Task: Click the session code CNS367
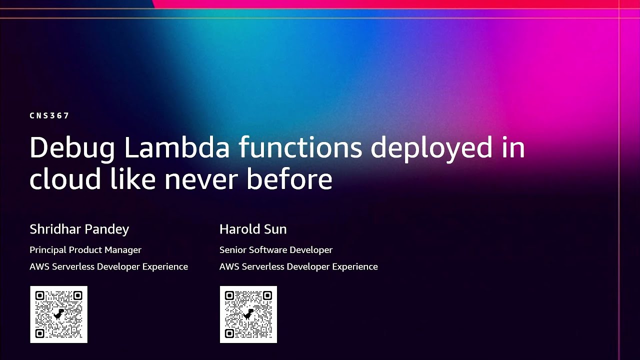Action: pos(49,115)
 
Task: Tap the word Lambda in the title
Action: pos(177,147)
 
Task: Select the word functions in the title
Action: pos(300,147)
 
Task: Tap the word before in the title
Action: pos(289,179)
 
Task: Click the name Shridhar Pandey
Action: pos(79,229)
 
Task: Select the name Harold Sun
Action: pos(252,229)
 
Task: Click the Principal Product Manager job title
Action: pos(85,250)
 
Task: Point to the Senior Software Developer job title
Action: pos(275,250)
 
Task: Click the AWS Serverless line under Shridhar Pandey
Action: pos(108,266)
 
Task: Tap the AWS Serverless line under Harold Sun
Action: pos(298,266)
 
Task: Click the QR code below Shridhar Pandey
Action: pos(58,314)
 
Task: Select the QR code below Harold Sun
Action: pos(248,314)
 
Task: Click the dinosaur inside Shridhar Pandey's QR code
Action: pos(59,314)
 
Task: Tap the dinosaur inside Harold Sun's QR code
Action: pos(248,314)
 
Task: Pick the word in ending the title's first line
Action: pos(514,147)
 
